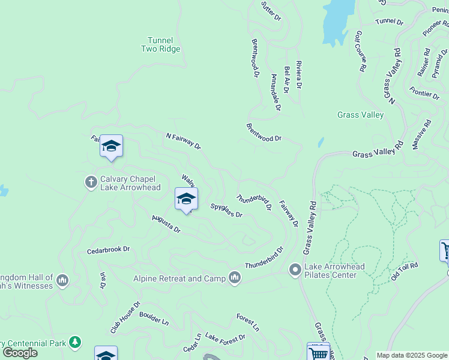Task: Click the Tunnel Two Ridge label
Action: [x=160, y=44]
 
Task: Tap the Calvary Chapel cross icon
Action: [x=91, y=182]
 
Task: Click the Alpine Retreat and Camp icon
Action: [x=234, y=278]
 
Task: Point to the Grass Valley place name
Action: [x=360, y=115]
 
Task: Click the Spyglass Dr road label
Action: [x=226, y=211]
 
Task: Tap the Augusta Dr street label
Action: [x=166, y=224]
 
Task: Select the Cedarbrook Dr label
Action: [x=108, y=249]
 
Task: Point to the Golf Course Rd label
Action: [x=360, y=52]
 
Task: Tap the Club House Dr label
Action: [x=124, y=317]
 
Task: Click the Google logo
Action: [x=20, y=353]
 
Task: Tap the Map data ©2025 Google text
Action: [x=412, y=355]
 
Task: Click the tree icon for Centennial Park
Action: [x=75, y=342]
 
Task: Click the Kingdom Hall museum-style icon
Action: [x=62, y=280]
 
